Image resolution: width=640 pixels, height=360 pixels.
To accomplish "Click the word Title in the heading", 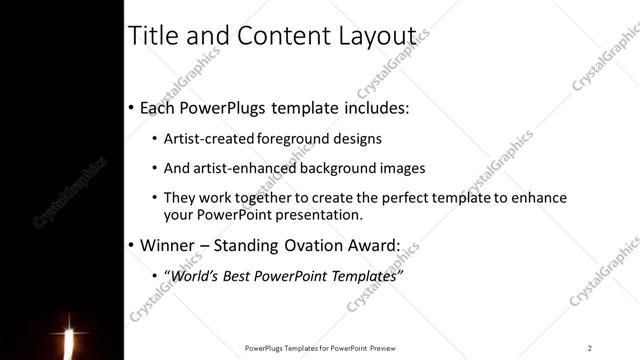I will pos(152,36).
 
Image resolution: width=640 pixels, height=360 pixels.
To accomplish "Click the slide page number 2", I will pos(590,347).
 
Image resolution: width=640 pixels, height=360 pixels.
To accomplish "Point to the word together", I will pos(270,199).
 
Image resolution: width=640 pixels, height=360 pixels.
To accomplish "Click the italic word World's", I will pos(196,275).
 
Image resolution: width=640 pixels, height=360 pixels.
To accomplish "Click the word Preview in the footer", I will pos(383,347).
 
